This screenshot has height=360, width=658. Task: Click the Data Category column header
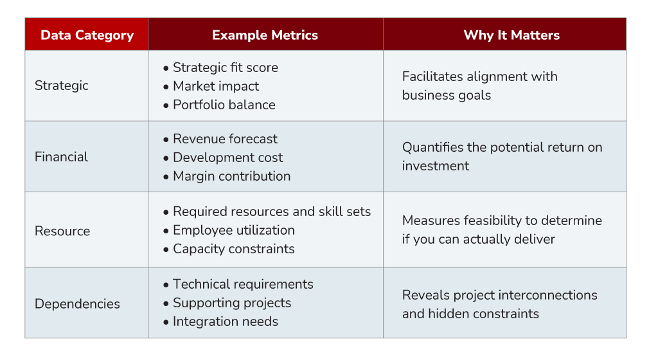click(87, 35)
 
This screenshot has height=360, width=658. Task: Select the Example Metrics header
click(265, 35)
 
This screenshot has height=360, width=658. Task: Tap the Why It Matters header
click(511, 35)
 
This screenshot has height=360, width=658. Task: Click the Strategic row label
click(61, 85)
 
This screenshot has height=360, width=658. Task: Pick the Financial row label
click(61, 157)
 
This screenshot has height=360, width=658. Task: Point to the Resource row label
click(62, 231)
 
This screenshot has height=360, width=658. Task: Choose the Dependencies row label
click(77, 304)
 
